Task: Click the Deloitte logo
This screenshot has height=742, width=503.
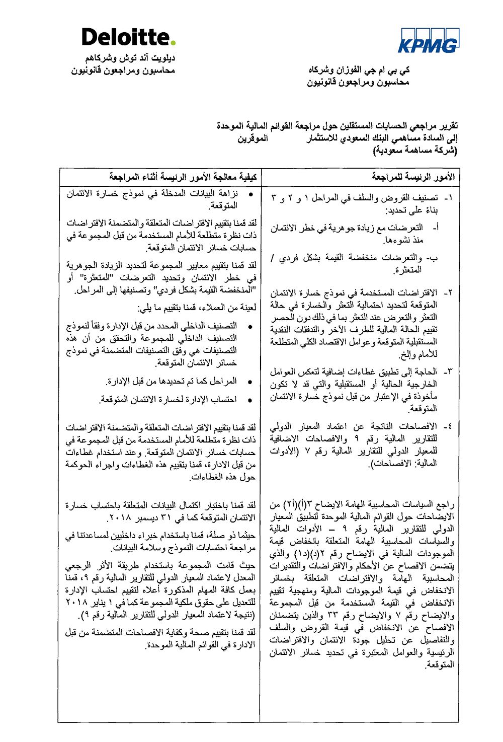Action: point(128,37)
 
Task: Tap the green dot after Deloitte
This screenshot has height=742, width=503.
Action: point(173,43)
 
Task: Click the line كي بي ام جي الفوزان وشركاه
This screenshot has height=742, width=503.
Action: point(359,69)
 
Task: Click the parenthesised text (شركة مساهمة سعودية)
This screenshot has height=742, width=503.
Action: point(415,150)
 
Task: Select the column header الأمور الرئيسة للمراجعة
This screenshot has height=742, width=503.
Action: point(413,177)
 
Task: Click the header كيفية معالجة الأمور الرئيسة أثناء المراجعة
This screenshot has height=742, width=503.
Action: point(183,177)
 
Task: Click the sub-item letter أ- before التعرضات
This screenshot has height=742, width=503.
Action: point(436,228)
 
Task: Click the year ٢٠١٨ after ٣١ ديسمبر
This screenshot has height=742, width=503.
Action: point(119,517)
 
